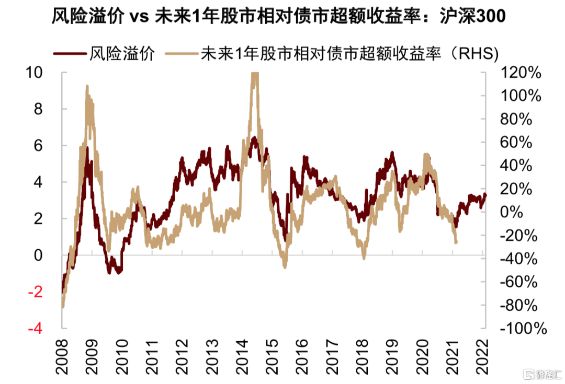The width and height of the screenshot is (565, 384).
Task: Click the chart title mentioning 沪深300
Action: point(279,18)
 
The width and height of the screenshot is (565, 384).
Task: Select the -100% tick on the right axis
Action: point(520,329)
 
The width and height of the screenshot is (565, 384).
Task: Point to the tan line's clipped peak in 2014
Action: point(254,75)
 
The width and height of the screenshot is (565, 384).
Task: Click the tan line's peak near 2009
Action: point(87,87)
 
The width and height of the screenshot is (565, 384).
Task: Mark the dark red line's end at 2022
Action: point(485,195)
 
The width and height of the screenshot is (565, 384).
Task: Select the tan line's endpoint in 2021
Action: point(456,242)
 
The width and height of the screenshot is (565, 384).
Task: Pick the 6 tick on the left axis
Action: point(36,145)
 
